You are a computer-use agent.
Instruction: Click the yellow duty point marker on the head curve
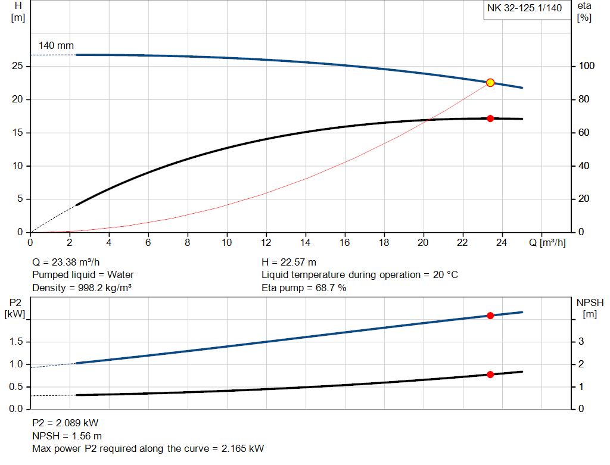pos(490,83)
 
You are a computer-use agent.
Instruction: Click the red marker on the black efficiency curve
pos(490,118)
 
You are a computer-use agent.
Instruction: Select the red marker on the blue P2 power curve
pos(490,316)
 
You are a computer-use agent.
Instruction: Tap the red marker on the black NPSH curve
pos(490,375)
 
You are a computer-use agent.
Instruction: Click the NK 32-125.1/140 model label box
pos(525,9)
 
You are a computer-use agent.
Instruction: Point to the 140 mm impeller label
pos(56,45)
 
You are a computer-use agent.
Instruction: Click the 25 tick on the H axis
pos(17,66)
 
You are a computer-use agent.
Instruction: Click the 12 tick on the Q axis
pos(266,242)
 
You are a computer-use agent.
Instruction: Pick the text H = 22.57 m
pos(289,262)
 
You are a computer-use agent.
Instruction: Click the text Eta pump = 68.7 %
pos(304,288)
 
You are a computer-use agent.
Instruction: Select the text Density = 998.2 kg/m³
pos(82,288)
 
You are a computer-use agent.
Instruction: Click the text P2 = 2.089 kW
pos(66,423)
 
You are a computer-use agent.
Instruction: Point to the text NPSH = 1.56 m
pos(67,435)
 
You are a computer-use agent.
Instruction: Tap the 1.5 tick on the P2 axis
pos(18,342)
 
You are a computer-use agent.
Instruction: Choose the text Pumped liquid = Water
pos(83,275)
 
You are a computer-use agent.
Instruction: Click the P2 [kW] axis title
pos(15,309)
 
